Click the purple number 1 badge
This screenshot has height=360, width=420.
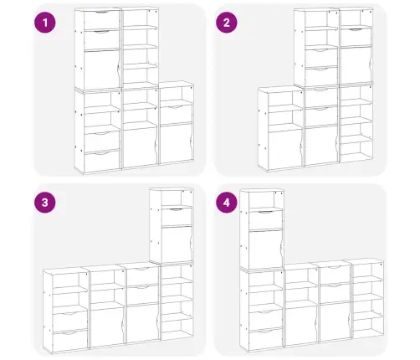(x=45, y=23)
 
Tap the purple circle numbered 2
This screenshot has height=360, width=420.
(x=227, y=23)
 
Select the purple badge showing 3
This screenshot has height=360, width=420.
(x=45, y=203)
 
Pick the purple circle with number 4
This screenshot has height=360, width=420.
(x=227, y=203)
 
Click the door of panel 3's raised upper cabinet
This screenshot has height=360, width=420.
(x=177, y=244)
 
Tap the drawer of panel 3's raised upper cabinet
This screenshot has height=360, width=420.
(x=177, y=217)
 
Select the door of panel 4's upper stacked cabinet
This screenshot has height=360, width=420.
(x=266, y=249)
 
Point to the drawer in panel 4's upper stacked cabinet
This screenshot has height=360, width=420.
(x=266, y=220)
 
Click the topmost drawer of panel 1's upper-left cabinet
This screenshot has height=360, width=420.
(x=102, y=20)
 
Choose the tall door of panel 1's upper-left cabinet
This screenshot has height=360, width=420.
(x=102, y=69)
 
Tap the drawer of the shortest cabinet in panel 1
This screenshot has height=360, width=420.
(x=176, y=115)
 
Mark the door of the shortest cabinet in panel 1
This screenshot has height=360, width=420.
(x=176, y=143)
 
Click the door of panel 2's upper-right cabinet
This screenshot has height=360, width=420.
(x=356, y=65)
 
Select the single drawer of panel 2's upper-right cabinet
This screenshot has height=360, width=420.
(x=356, y=37)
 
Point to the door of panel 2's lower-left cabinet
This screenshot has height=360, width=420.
(x=285, y=150)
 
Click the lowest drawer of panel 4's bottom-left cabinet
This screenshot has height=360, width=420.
(x=266, y=340)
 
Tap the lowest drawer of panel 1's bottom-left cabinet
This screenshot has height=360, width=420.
(x=102, y=162)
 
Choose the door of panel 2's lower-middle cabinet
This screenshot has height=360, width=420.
(x=321, y=145)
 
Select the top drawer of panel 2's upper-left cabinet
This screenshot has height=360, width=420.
(x=321, y=58)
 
